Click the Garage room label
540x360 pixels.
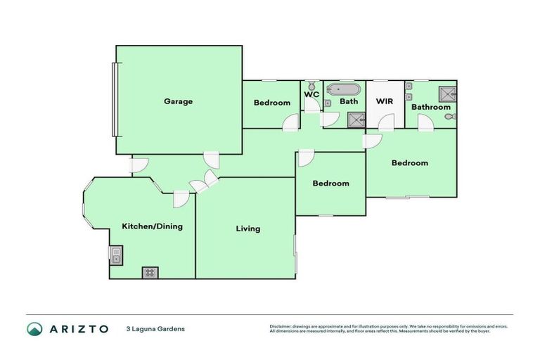(178, 101)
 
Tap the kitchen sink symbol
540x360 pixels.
(115, 255)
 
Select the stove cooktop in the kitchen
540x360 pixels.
(150, 273)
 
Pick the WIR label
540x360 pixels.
(385, 101)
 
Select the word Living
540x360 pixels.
(248, 229)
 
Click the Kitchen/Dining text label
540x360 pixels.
(153, 226)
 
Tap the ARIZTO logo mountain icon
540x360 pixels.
(34, 328)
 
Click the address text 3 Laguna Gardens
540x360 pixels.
(155, 328)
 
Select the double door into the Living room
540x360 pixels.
(204, 182)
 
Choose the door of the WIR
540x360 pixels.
(386, 123)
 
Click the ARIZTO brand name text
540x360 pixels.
(78, 328)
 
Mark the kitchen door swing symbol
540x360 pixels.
(180, 198)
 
